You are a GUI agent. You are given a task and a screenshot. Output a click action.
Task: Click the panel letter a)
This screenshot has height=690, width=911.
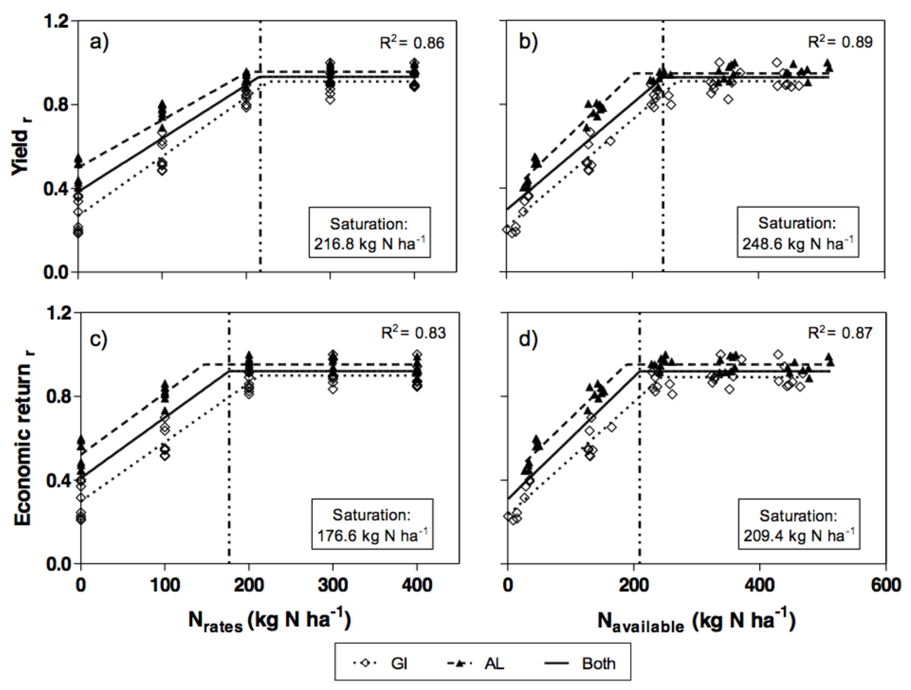click(x=99, y=42)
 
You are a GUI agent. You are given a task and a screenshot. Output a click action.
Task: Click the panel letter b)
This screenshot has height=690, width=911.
click(x=528, y=42)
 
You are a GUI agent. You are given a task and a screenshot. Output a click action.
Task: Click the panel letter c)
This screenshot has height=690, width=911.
click(x=98, y=339)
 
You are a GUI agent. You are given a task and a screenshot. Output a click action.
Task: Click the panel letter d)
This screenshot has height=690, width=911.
click(x=528, y=339)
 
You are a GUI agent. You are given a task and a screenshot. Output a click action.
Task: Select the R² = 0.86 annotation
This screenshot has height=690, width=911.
click(x=412, y=43)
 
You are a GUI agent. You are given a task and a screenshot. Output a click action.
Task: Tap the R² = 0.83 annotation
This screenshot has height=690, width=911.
click(x=413, y=333)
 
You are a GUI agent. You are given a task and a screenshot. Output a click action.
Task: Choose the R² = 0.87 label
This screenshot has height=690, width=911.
click(x=840, y=333)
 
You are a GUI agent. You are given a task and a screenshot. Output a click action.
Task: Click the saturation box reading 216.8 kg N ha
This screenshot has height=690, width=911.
click(x=369, y=233)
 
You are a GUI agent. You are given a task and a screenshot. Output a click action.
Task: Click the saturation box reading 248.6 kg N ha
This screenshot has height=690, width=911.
click(x=798, y=233)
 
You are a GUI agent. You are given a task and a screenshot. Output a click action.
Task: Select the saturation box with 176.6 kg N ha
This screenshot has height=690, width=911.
click(x=372, y=525)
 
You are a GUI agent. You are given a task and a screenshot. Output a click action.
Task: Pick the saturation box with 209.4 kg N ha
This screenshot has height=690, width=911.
click(x=799, y=525)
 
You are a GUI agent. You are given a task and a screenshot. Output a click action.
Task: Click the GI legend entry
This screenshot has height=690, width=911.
click(x=381, y=664)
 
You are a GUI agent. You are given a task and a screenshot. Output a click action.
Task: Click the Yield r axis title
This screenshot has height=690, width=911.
click(x=21, y=150)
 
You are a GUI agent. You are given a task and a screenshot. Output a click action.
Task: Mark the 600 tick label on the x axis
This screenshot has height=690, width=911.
click(x=885, y=585)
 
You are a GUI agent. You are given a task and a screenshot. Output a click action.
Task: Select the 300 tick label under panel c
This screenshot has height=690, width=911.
click(x=333, y=585)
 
